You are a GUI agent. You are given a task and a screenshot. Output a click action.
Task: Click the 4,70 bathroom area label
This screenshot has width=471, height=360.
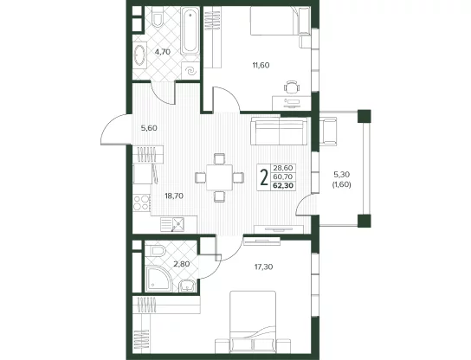pos(163,52)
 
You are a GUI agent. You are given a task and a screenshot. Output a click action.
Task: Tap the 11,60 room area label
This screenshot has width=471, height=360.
pos(261,65)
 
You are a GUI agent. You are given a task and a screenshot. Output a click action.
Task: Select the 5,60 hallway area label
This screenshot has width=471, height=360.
pos(149,128)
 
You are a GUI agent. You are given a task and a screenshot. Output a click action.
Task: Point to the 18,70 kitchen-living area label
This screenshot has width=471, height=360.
pos(174,196)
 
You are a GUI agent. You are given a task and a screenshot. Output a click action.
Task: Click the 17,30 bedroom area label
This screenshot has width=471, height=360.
pos(264,267)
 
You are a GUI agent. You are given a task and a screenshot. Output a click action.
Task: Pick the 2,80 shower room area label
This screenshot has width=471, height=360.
pos(182,264)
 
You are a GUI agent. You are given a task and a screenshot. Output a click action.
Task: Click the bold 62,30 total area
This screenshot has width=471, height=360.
pos(283,186)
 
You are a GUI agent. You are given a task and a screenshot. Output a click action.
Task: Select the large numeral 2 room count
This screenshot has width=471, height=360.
pos(264,177)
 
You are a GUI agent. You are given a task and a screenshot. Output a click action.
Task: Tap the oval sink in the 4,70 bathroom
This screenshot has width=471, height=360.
pos(139,55)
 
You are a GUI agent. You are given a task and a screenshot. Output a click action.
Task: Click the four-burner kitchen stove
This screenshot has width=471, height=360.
pos(142,202)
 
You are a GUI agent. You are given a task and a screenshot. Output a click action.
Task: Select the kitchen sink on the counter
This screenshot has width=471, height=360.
pos(178,224)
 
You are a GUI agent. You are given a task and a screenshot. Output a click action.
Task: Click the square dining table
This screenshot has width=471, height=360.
pos(220,177)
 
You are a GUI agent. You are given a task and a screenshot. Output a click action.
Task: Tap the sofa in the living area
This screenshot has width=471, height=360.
pos(279,131)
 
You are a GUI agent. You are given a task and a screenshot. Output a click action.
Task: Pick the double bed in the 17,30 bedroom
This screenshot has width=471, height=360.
pos(253,322)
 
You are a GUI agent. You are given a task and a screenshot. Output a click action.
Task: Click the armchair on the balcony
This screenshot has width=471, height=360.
pos(329,131)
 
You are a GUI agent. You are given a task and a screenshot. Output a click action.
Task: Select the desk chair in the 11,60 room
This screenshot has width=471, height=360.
pos(292,87)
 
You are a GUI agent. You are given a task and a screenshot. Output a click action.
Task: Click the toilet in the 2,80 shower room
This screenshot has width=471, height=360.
pos(158,251)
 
